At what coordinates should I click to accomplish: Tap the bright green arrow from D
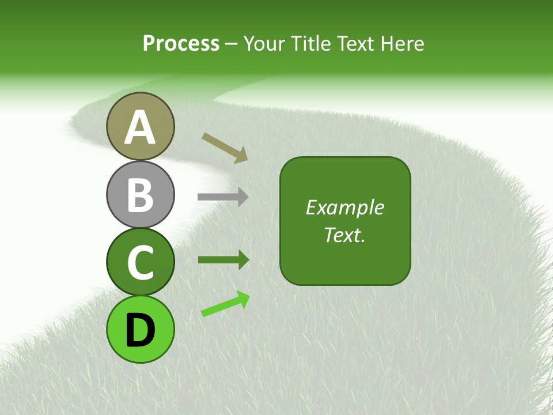coord(225,304)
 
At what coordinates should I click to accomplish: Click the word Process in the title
coord(181,43)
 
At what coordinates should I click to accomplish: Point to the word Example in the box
coord(344,207)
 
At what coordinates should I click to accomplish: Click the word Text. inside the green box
coord(344,235)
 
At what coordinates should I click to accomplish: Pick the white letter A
coord(140,128)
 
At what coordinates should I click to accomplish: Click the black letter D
coord(140,330)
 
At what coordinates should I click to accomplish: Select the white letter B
coord(140,195)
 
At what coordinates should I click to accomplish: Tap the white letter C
coord(140,263)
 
